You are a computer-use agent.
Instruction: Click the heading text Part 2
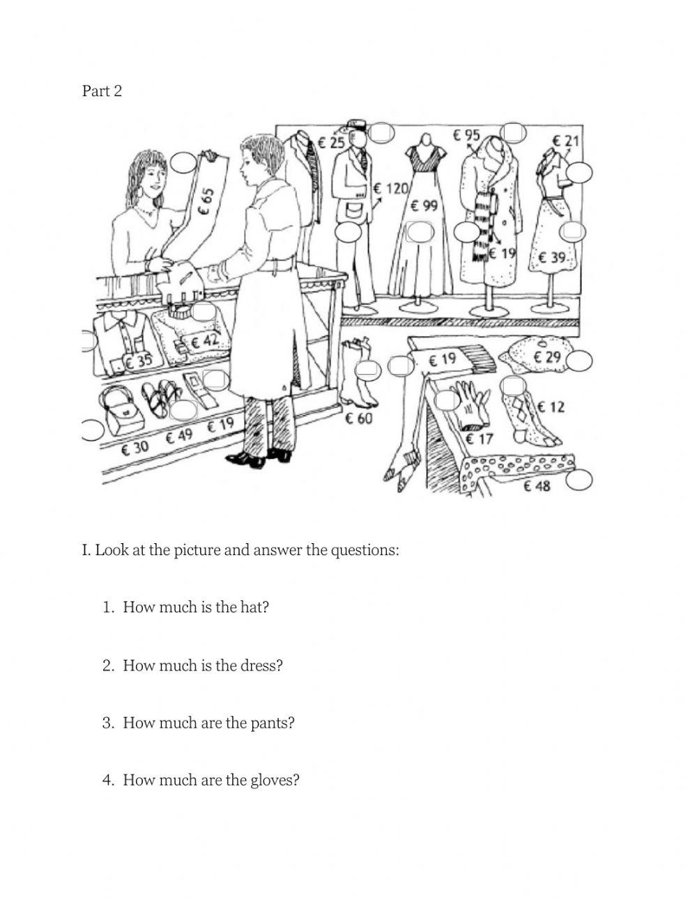tap(102, 91)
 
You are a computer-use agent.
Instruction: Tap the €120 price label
tap(390, 188)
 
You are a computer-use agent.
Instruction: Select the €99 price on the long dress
tap(424, 205)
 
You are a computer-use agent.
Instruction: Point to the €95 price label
tap(466, 135)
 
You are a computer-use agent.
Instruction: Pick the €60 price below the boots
tap(359, 418)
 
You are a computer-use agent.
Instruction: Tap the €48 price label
tap(537, 485)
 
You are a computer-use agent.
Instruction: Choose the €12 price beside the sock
tap(551, 406)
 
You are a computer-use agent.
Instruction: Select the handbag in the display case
tap(121, 411)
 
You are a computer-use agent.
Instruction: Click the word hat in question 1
tap(254, 607)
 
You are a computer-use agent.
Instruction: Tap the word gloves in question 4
tap(274, 780)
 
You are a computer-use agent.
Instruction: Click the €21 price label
tap(565, 141)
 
